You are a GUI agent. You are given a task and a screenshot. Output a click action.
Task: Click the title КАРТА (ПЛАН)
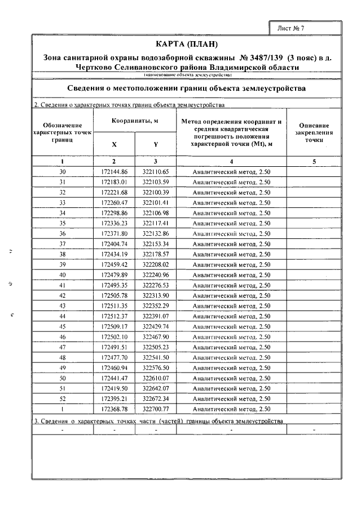[x=186, y=44]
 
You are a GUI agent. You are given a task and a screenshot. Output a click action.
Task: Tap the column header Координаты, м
[x=134, y=121]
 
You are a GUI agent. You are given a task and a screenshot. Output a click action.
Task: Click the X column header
[x=114, y=145]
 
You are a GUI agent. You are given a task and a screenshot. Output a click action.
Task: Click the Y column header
[x=155, y=145]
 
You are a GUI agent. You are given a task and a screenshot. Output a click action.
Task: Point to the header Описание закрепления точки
[x=314, y=132]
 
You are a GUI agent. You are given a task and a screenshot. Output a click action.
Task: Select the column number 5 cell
[x=314, y=162]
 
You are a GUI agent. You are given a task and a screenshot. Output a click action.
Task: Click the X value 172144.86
[x=115, y=172]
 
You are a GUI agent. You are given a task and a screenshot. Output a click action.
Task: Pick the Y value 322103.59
[x=156, y=182]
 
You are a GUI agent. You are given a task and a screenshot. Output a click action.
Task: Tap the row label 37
[x=63, y=243]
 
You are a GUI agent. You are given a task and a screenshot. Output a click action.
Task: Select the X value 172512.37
[x=115, y=316]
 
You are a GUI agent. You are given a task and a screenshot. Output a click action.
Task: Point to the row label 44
[x=63, y=316]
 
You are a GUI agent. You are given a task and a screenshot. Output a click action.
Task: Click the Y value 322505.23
[x=156, y=347]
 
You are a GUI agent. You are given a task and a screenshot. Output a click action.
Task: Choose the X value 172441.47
[x=115, y=378]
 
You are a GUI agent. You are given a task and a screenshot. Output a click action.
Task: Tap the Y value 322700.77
[x=156, y=409]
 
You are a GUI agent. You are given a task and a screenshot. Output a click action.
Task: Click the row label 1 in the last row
[x=63, y=409]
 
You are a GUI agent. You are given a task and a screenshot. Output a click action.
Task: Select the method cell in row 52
[x=231, y=398]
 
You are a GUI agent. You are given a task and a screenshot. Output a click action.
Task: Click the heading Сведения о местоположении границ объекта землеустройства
[x=186, y=89]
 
